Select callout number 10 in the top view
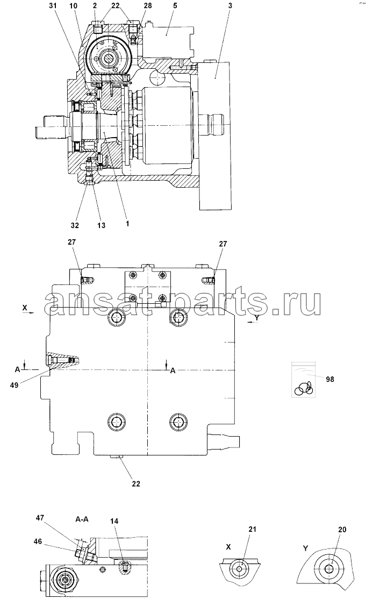tap(74, 6)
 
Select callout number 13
tap(101, 225)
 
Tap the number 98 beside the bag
tap(329, 379)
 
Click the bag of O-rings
tap(304, 379)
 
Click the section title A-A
tap(82, 519)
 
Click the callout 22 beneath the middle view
tap(135, 483)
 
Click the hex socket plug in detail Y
tap(328, 568)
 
